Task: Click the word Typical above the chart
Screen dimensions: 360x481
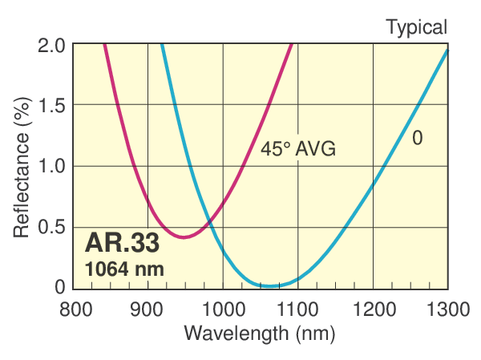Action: click(417, 27)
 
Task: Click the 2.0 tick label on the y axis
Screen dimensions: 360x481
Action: click(52, 46)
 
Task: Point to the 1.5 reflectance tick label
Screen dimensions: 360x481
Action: click(52, 106)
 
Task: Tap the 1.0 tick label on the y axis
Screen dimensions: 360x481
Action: click(52, 167)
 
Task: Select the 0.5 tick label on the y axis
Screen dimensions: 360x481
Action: click(52, 227)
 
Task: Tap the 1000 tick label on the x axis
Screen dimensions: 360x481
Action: click(222, 308)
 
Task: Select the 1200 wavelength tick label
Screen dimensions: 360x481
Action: click(373, 308)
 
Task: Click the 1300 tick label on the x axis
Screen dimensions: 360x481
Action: click(447, 308)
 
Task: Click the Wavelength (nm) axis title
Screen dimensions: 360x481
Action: click(259, 332)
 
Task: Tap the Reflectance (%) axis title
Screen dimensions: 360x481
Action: click(22, 166)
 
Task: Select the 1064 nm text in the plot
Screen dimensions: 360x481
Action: click(124, 269)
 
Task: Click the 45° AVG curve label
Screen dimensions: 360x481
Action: click(297, 148)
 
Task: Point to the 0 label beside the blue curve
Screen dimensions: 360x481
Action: click(417, 138)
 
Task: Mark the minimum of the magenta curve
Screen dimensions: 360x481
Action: click(185, 237)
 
